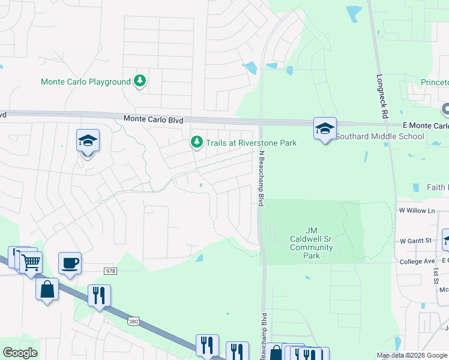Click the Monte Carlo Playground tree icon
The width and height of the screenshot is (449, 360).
click(x=140, y=81)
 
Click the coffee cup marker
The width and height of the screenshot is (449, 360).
click(x=70, y=262)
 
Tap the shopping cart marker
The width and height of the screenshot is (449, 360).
click(x=31, y=261)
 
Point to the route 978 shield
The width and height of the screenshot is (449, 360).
click(x=109, y=271)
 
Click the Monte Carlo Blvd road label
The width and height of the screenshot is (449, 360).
click(x=153, y=119)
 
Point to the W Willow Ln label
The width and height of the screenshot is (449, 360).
click(x=417, y=211)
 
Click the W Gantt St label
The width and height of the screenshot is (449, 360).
click(x=416, y=241)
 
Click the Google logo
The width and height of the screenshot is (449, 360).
click(x=20, y=353)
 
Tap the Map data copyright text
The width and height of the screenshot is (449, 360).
click(x=412, y=355)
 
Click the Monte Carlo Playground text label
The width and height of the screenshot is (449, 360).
click(x=86, y=82)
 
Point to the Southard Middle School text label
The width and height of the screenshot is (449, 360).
click(x=379, y=136)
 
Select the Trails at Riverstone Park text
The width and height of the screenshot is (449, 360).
click(x=252, y=143)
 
